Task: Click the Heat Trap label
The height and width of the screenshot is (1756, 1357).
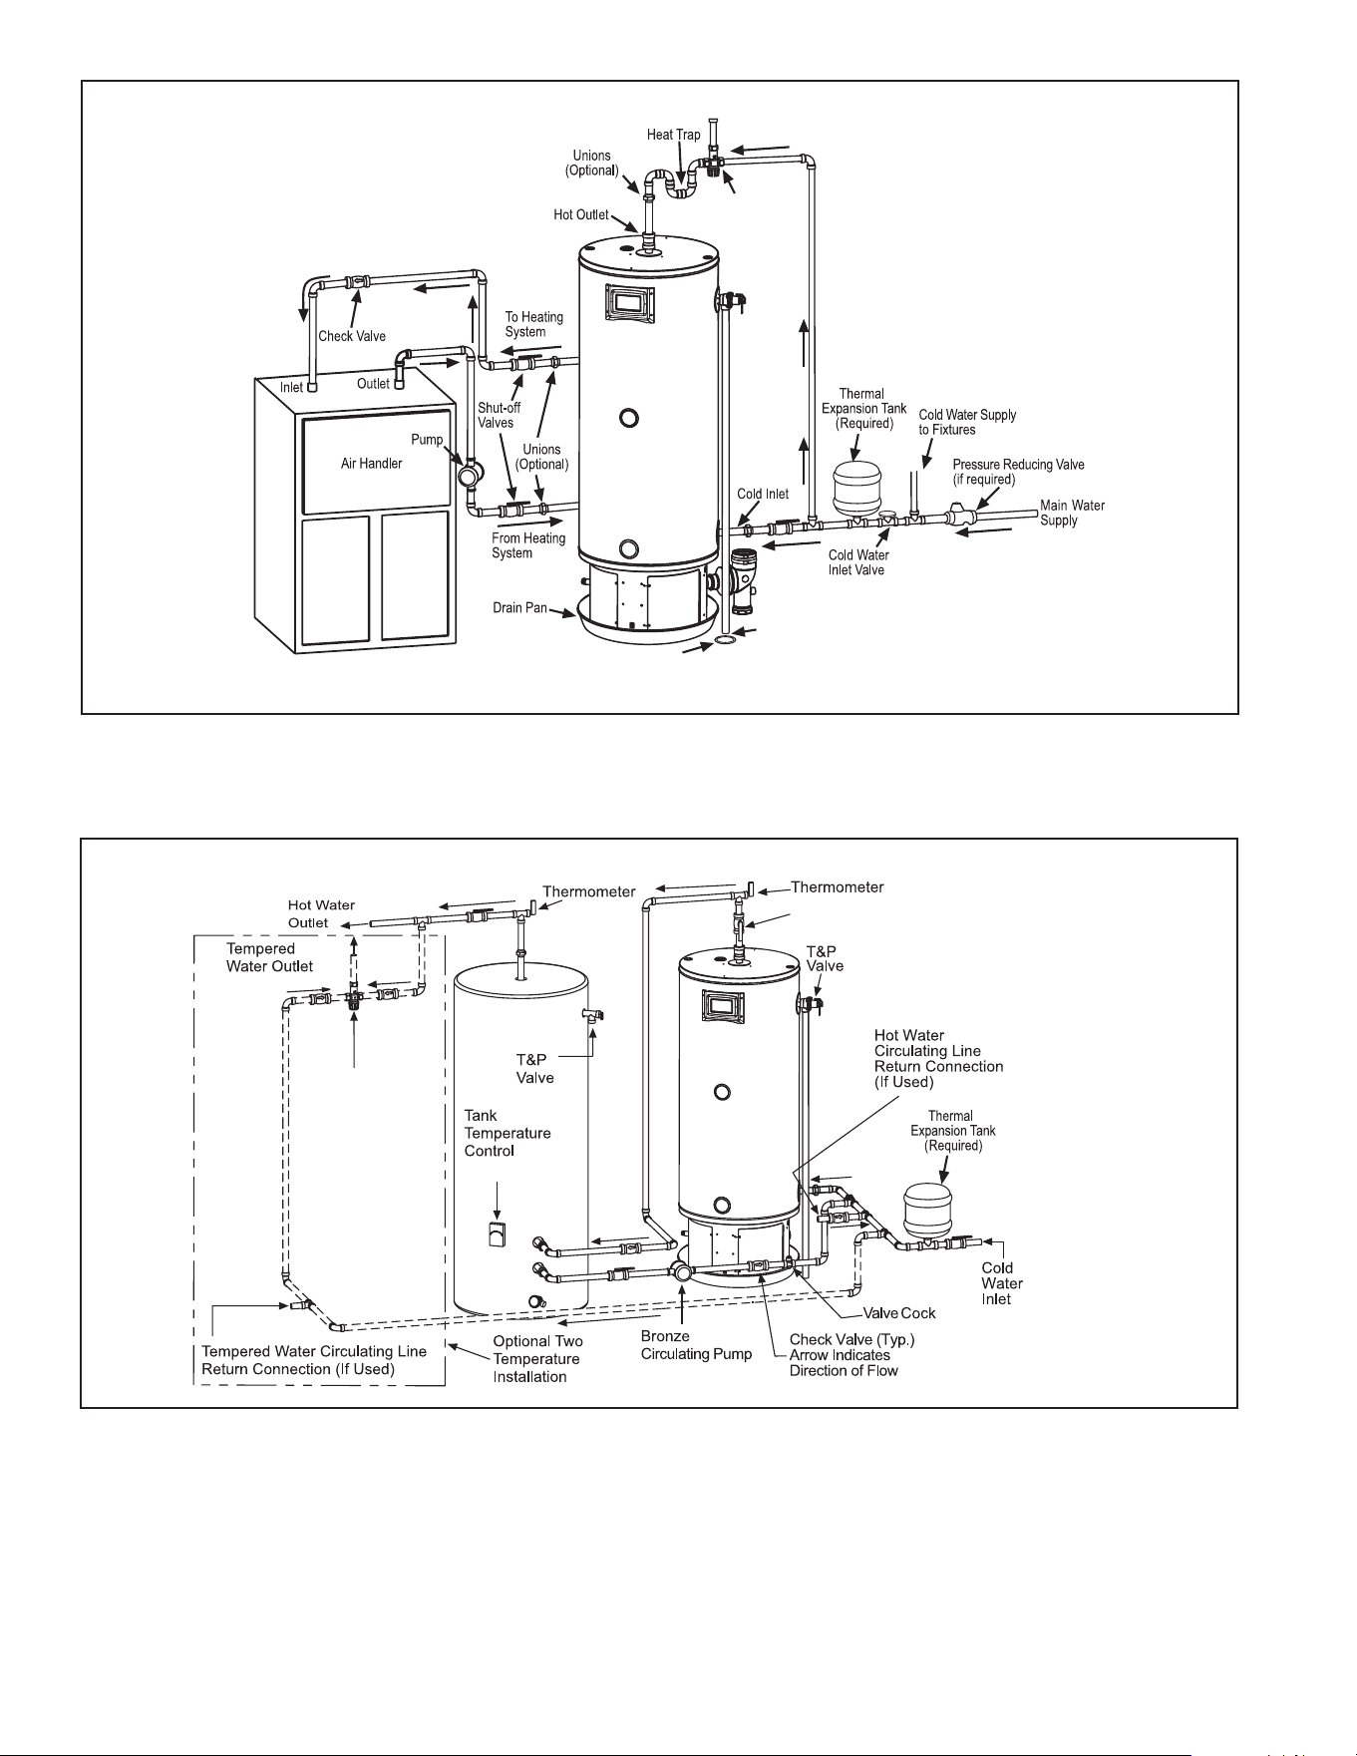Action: click(x=674, y=135)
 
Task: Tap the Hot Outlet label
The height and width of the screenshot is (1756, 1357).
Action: click(x=581, y=214)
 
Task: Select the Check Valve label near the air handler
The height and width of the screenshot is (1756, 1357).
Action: click(x=352, y=336)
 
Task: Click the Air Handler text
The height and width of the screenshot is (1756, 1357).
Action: click(x=372, y=464)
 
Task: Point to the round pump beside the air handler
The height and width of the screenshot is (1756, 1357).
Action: click(x=468, y=474)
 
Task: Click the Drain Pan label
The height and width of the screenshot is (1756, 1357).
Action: click(x=519, y=607)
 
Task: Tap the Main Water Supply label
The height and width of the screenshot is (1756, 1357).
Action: click(x=1073, y=513)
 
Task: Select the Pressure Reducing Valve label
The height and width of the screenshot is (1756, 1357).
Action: click(x=1018, y=472)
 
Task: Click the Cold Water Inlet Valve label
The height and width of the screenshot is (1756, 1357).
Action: click(x=858, y=562)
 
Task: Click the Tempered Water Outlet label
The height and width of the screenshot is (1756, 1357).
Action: click(x=269, y=957)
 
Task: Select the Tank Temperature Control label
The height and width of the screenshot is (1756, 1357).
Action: click(x=508, y=1133)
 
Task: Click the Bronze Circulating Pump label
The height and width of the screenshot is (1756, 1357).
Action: click(x=696, y=1345)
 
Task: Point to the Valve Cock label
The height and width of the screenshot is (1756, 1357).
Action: click(x=898, y=1313)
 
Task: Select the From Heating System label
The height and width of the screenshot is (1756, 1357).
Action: click(x=528, y=545)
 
